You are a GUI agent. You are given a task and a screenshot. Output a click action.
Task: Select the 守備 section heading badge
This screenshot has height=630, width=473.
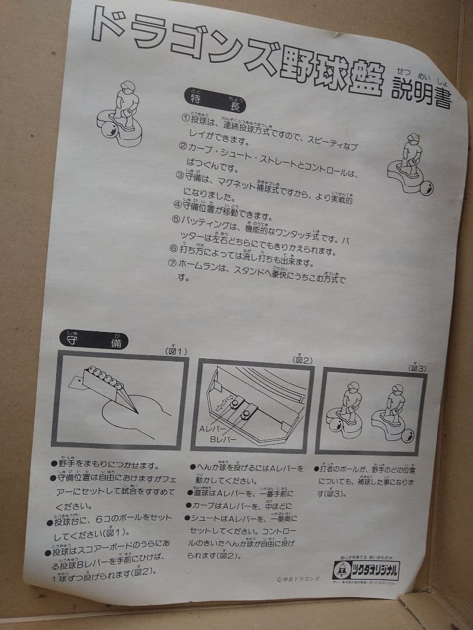93,340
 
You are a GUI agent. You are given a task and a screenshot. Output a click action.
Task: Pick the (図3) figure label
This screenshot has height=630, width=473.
418,368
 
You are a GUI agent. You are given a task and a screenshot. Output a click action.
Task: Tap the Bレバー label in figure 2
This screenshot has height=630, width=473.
223,439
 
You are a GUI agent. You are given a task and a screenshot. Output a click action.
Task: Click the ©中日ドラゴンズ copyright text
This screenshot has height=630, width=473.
300,579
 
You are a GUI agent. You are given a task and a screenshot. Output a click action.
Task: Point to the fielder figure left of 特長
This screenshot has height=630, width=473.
123,114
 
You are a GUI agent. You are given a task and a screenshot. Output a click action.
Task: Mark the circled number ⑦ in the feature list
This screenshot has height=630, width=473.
172,263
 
